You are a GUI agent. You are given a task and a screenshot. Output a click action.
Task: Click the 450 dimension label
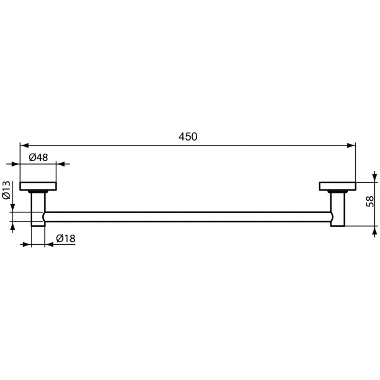pyautogui.click(x=188, y=137)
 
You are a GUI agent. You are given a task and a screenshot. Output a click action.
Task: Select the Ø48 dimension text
pyautogui.click(x=38, y=158)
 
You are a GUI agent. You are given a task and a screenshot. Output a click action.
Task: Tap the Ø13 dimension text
pyautogui.click(x=7, y=190)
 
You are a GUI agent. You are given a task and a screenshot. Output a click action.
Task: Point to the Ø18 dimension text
pyautogui.click(x=66, y=239)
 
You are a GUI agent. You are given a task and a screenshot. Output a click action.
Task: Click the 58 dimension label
pyautogui.click(x=370, y=202)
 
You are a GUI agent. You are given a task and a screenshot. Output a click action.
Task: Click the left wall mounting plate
pyautogui.click(x=38, y=186)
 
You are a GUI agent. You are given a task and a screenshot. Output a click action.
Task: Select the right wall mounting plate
pyautogui.click(x=337, y=186)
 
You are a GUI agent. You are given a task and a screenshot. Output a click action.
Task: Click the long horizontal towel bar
pyautogui.click(x=188, y=217)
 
